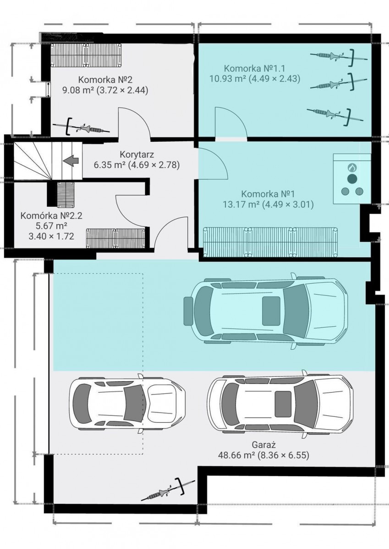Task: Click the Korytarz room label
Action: point(137,155)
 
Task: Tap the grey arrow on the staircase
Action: point(71,161)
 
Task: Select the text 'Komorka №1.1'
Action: point(255,68)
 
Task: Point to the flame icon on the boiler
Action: point(352,167)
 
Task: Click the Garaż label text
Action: point(264,444)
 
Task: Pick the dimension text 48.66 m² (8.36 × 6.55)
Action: point(263,455)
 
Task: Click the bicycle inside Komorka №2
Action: point(81,127)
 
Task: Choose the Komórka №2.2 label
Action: point(51,216)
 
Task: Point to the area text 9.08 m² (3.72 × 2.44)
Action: point(105,91)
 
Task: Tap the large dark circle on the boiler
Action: point(352,179)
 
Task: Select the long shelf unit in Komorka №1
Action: point(270,242)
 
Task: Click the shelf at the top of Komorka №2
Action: point(86,55)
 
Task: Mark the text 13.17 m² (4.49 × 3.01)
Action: point(268,205)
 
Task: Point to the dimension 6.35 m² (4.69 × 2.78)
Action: point(137,165)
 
